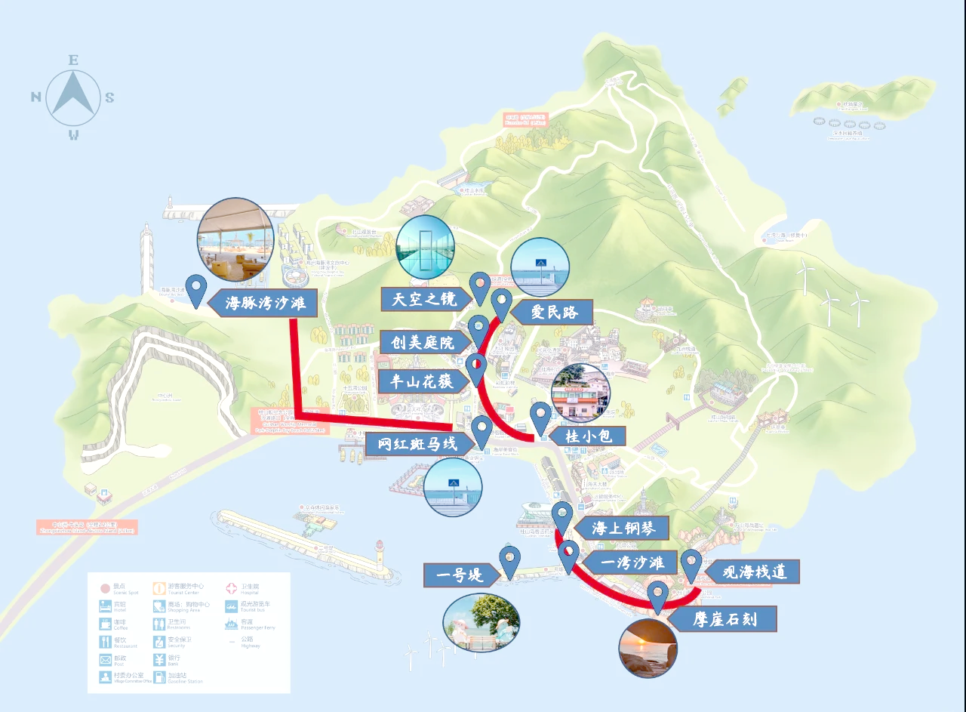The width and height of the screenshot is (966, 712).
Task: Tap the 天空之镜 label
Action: pos(424,298)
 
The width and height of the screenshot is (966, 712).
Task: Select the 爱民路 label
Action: pos(554,312)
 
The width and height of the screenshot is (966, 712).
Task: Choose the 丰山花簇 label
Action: pos(422,381)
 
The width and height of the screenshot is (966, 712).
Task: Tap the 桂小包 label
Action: pos(585,436)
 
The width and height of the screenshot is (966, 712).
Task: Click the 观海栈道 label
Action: pos(755,572)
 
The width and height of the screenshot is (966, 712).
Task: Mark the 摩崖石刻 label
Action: pos(724,621)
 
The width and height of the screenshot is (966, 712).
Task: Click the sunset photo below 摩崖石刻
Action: pos(648,647)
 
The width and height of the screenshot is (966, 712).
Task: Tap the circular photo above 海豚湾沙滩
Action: pos(235,240)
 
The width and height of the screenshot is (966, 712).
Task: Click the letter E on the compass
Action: pos(73,60)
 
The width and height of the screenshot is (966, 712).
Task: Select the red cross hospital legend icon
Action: pos(232,587)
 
